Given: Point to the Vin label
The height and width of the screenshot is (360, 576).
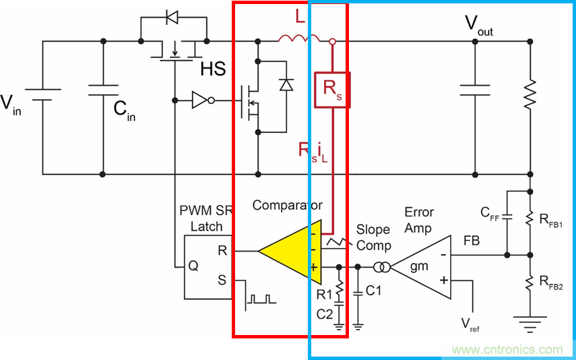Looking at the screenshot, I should click(x=11, y=104).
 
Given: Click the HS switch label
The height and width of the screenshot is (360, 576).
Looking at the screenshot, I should click(x=212, y=69).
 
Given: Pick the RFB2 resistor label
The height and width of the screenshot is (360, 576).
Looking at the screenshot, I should click(x=551, y=283).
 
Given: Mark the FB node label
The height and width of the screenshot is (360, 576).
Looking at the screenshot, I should click(x=472, y=239).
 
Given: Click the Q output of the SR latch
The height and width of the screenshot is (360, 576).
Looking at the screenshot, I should click(x=193, y=266).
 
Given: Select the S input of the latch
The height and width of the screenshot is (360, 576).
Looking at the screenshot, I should click(x=222, y=278).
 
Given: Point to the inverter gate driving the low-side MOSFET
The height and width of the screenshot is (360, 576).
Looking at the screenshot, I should click(x=201, y=101).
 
